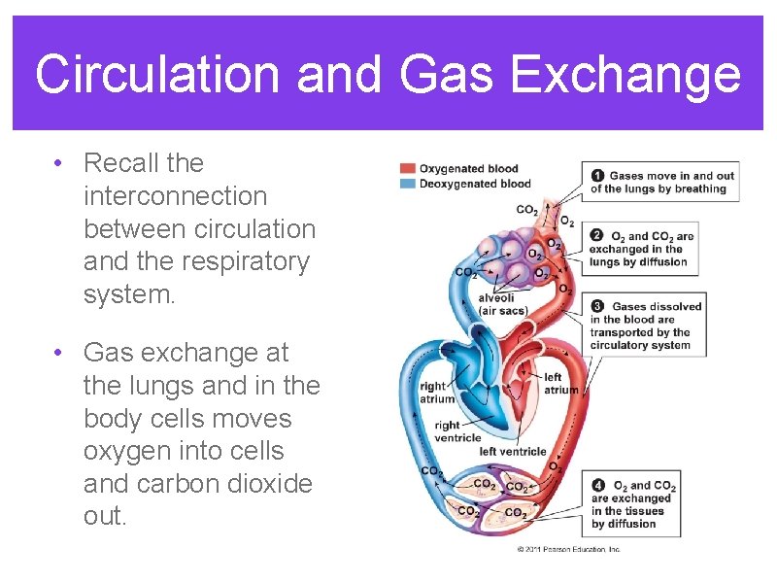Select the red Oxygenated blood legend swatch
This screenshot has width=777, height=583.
click(408, 169)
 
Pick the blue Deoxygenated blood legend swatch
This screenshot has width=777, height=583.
click(408, 184)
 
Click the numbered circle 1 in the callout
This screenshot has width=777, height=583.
click(598, 176)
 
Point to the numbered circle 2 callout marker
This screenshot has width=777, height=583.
click(598, 236)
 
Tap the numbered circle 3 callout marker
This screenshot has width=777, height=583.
click(598, 306)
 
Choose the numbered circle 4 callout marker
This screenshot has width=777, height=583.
click(599, 486)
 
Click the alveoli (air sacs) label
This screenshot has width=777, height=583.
click(503, 304)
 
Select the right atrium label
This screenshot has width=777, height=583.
click(432, 393)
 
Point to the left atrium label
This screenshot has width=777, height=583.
click(558, 384)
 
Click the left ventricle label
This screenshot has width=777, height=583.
click(513, 451)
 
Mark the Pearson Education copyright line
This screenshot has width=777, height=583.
click(568, 549)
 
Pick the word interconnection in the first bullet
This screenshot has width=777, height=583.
click(175, 196)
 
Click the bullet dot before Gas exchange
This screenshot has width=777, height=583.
click(60, 353)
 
